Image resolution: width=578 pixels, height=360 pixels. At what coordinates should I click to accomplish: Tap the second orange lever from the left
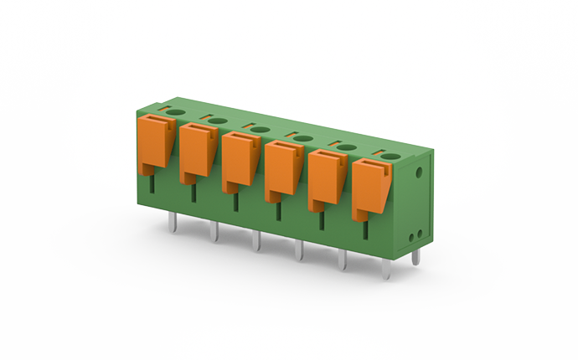[197, 148]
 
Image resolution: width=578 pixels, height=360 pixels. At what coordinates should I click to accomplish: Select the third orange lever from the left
[240, 158]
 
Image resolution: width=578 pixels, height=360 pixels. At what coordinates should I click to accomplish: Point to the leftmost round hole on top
[176, 111]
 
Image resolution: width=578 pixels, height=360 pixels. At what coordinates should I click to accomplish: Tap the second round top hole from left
[218, 121]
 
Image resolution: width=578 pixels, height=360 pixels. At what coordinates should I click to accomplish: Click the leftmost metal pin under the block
[171, 222]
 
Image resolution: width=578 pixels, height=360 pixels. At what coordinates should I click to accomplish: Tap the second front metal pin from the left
[213, 232]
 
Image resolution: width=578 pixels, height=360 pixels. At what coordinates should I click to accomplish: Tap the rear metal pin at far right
[415, 257]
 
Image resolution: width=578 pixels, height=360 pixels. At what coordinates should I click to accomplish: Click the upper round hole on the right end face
[419, 173]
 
